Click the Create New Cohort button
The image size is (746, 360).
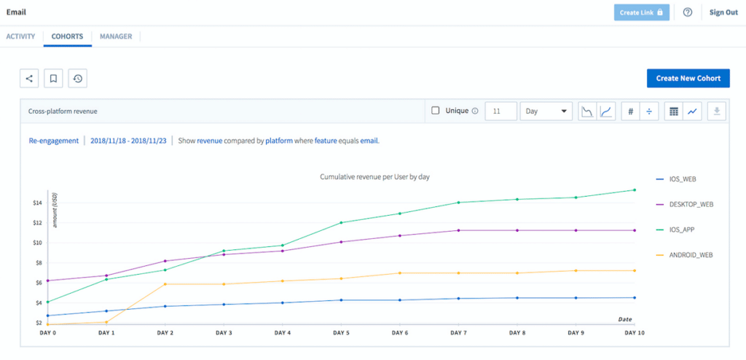click(688, 79)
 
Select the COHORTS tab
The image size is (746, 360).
click(67, 36)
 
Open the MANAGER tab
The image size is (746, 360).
click(116, 36)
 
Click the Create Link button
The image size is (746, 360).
click(641, 12)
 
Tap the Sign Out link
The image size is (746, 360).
click(723, 12)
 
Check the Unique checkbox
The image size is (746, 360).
click(436, 111)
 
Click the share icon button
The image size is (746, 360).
click(29, 79)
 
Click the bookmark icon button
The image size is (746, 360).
click(53, 79)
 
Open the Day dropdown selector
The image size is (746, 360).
click(546, 111)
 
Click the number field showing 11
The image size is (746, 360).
click(500, 111)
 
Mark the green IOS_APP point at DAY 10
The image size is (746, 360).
click(635, 190)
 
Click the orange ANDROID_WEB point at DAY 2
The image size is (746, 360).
click(165, 284)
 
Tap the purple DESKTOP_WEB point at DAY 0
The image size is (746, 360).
click(47, 281)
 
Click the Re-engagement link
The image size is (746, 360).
click(49, 141)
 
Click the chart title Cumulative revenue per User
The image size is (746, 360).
click(374, 177)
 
